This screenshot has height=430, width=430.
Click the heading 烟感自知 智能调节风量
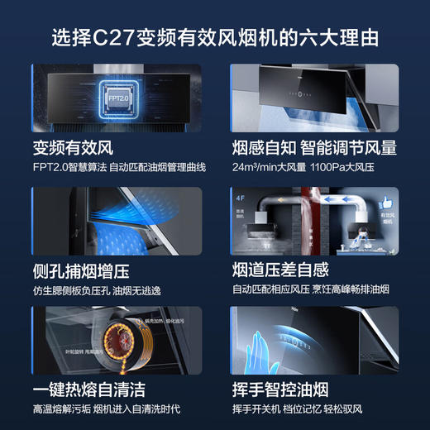(315, 147)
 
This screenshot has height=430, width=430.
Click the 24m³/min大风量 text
(270, 168)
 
